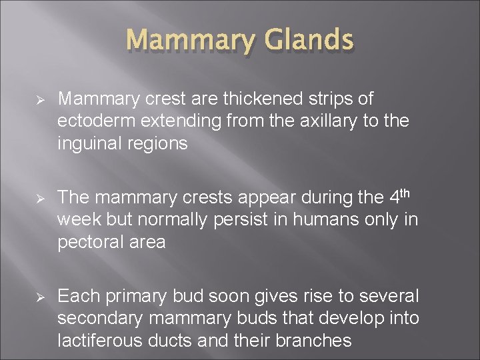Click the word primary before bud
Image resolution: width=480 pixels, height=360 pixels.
click(135, 295)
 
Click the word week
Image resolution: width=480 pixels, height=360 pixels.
click(77, 219)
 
